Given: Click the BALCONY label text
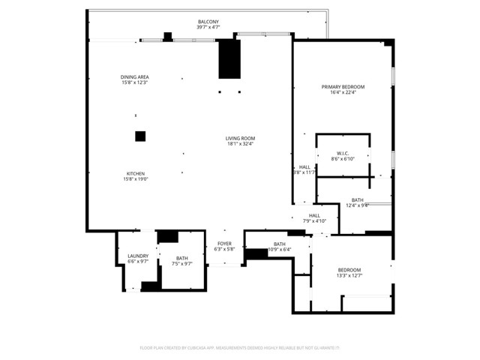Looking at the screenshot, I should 208,22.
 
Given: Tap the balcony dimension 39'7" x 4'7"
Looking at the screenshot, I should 208,28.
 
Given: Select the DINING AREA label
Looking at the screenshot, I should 135,77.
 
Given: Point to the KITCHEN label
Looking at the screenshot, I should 135,173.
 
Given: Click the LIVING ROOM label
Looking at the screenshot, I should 241,138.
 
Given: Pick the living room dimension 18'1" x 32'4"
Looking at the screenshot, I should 241,144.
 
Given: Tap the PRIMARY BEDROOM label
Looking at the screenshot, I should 342,87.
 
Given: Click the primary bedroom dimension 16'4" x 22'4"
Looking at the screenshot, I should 342,93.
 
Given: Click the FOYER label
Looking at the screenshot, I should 224,244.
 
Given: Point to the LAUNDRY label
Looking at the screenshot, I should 137,256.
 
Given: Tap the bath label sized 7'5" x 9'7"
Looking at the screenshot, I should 182,259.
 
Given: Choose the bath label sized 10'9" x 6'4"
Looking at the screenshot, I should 279,244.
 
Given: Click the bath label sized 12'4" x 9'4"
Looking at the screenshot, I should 357,200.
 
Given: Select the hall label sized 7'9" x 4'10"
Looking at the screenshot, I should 314,216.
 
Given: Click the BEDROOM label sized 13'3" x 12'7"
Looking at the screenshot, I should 349,270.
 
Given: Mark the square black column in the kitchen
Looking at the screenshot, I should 139,136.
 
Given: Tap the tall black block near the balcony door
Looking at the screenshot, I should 229,60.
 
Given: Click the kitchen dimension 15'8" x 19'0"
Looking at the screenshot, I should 135,179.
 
